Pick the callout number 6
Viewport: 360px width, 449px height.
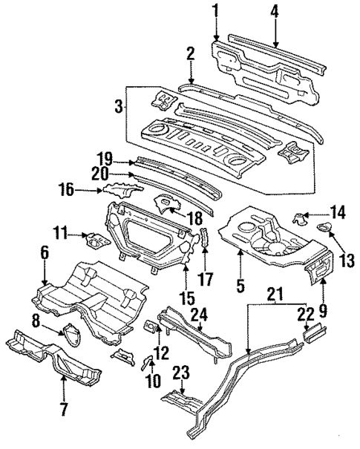click(x=44, y=254)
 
